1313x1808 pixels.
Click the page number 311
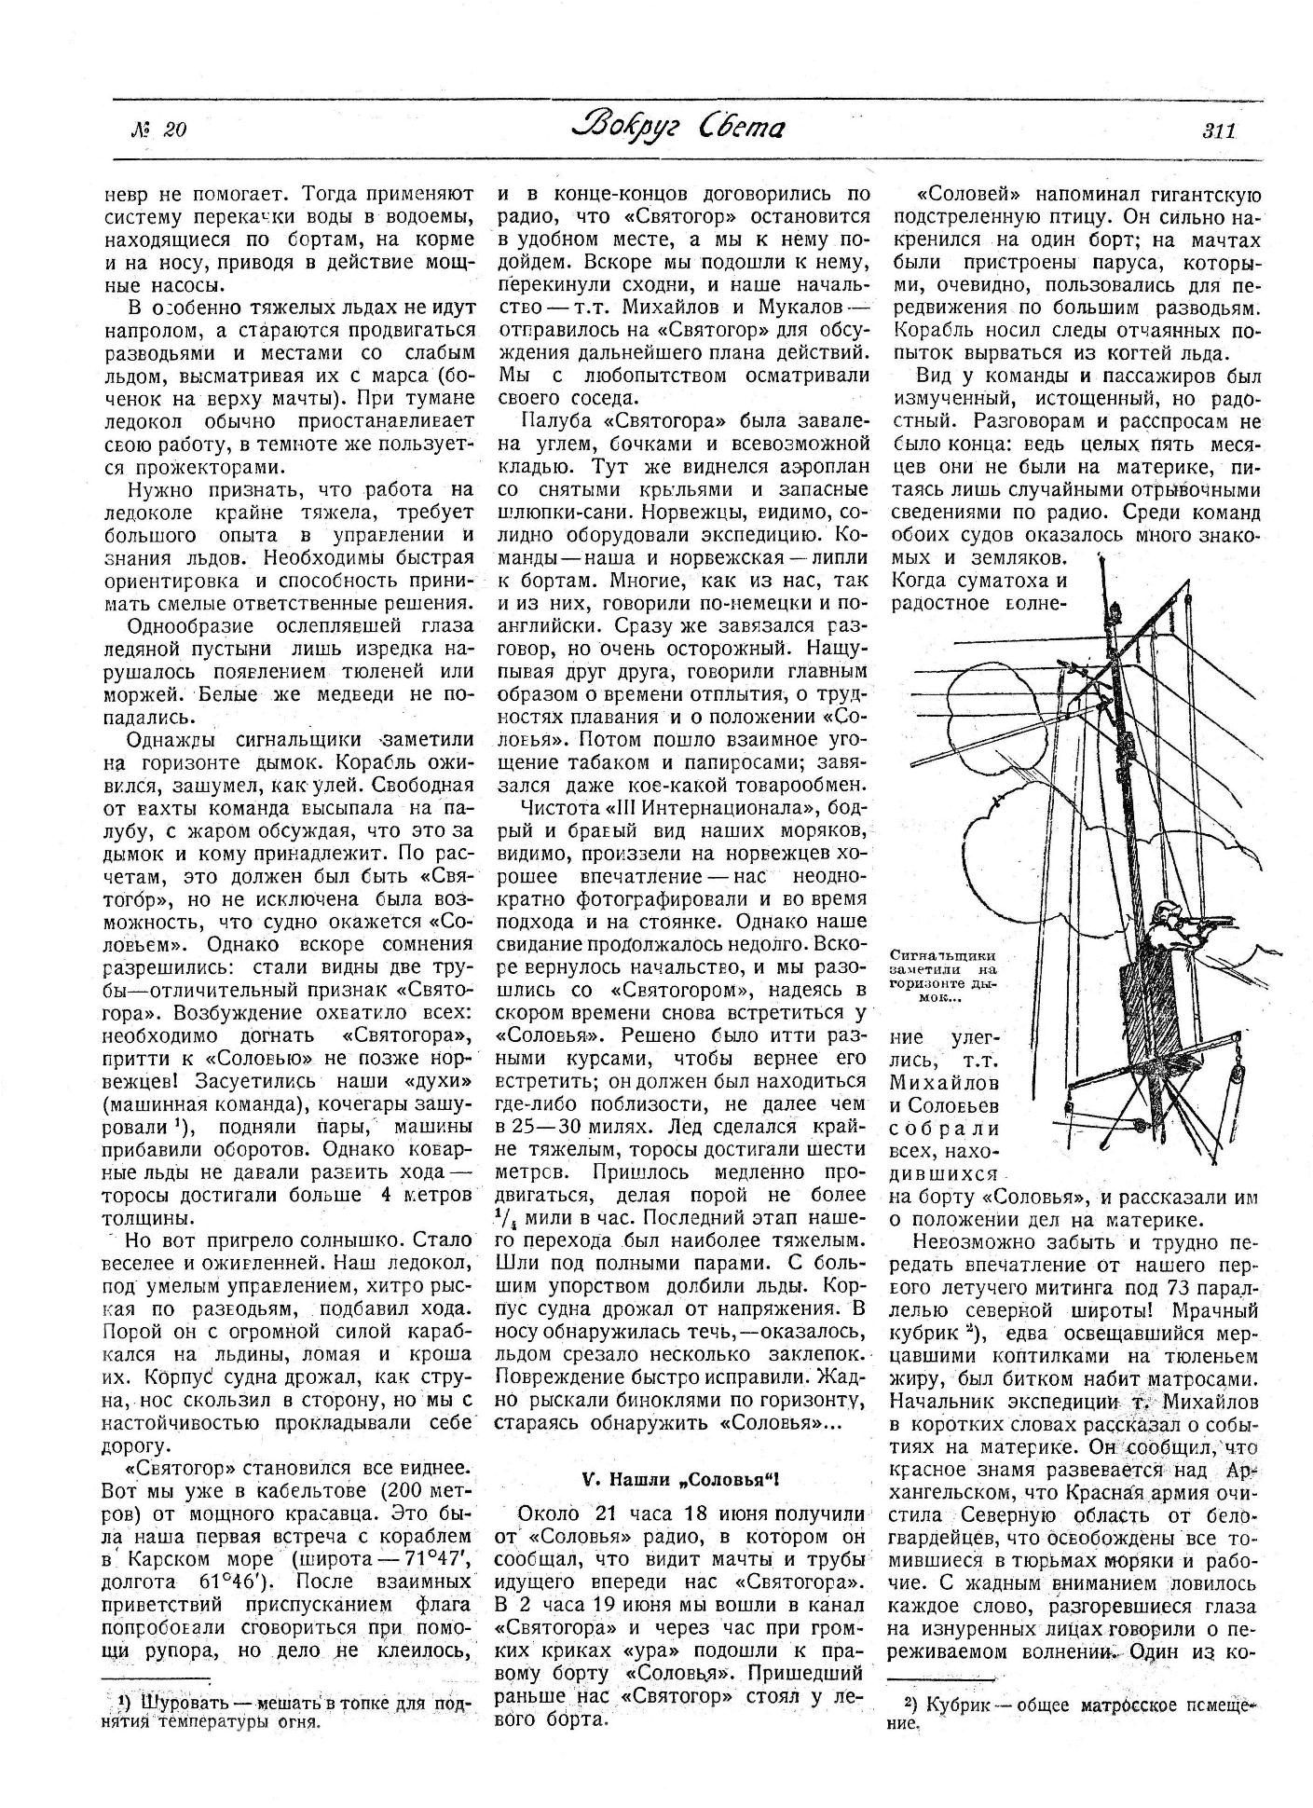pyautogui.click(x=1218, y=131)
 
